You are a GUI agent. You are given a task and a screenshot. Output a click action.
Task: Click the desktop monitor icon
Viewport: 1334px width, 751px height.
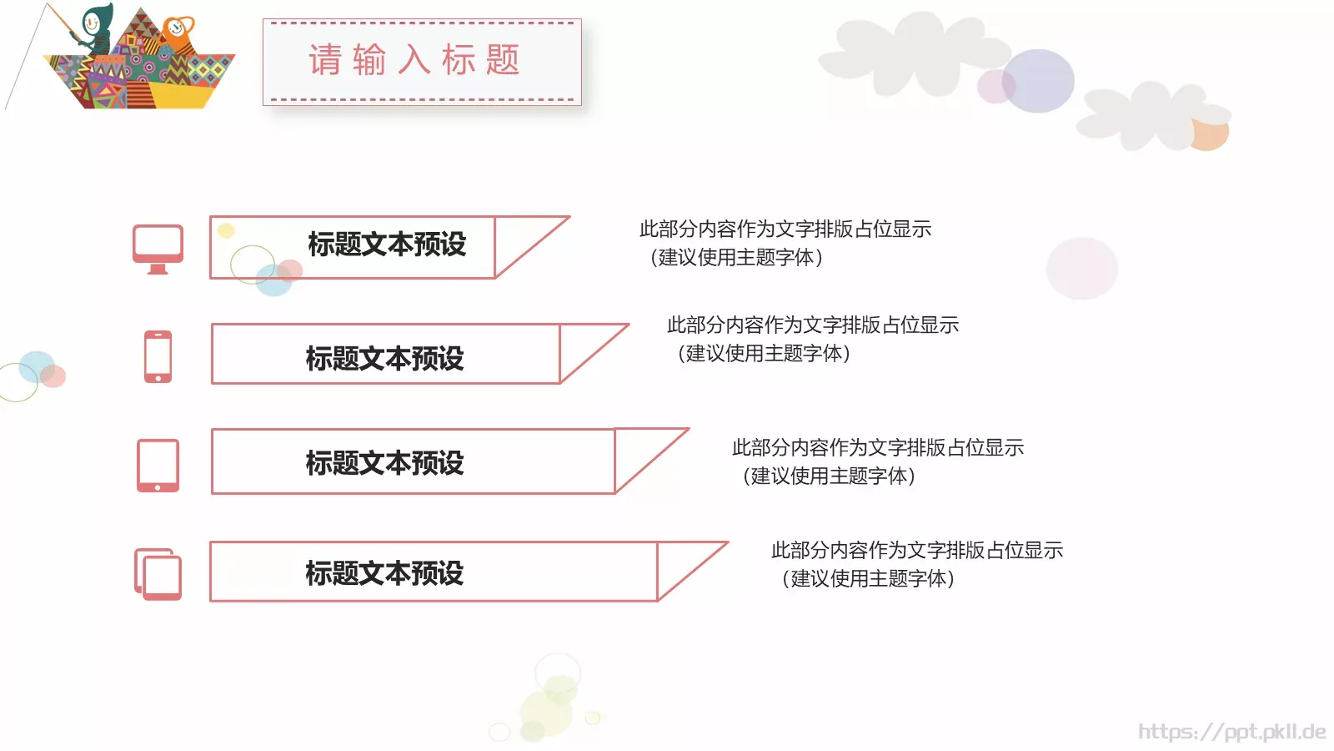[x=158, y=248]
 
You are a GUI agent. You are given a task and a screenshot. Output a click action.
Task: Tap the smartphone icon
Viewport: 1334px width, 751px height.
[x=158, y=356]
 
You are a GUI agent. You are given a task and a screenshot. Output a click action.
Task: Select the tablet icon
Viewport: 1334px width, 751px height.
[x=158, y=465]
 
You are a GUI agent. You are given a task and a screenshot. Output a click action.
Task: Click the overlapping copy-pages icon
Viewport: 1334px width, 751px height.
[x=158, y=574]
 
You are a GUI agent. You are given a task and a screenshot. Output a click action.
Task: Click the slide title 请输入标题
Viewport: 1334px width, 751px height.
[x=414, y=61]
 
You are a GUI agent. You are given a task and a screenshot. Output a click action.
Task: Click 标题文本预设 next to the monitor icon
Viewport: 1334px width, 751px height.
[x=387, y=244]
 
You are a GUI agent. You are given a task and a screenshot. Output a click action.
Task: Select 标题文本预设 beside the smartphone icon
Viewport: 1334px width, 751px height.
[x=384, y=359]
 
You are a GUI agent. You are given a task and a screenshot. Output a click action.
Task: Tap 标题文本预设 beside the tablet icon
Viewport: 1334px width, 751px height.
[x=384, y=463]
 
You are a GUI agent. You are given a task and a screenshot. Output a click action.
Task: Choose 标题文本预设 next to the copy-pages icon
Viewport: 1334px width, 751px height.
[x=384, y=573]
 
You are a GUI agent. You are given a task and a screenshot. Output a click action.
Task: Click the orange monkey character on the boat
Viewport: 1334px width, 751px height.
[x=178, y=33]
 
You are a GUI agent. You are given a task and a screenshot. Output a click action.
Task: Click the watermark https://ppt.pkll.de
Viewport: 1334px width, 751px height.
[x=1231, y=732]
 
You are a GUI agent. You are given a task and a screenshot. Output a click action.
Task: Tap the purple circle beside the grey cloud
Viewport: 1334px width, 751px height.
[x=1038, y=81]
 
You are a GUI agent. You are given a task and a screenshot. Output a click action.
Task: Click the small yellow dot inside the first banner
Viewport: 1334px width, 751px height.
[x=226, y=230]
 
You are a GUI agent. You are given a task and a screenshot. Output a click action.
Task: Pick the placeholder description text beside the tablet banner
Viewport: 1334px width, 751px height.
[x=877, y=461]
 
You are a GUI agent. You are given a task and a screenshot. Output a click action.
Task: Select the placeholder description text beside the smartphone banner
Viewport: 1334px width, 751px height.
[x=812, y=339]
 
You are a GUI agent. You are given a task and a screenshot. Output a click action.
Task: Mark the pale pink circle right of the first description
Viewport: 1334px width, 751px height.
[x=1081, y=268]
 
